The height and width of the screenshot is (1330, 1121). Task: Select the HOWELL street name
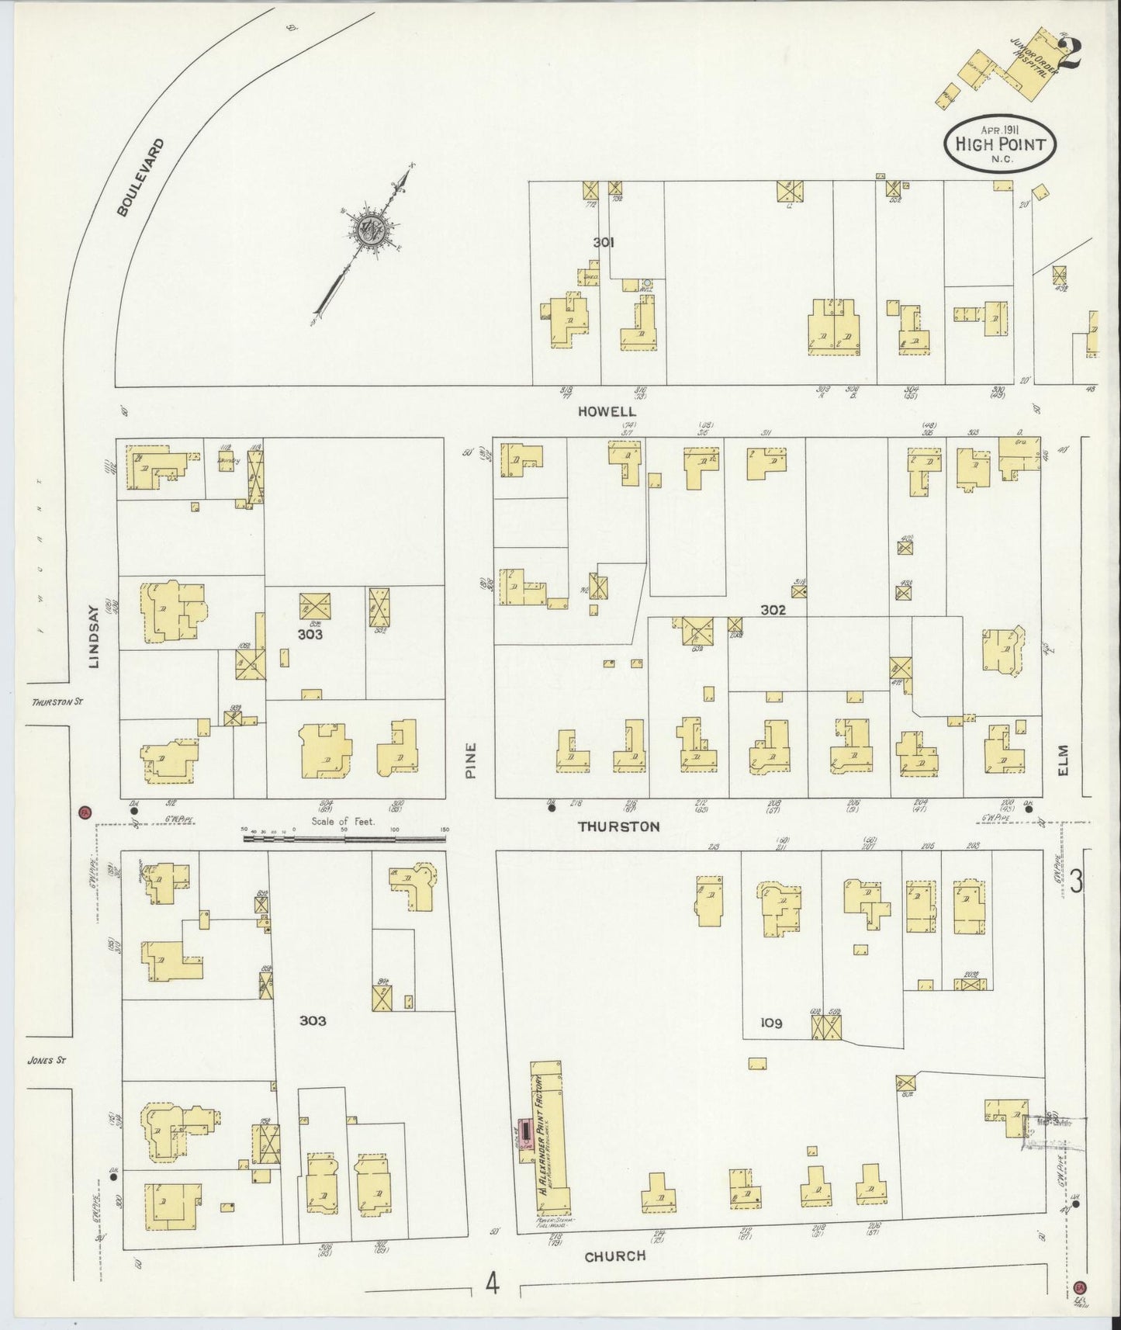(618, 412)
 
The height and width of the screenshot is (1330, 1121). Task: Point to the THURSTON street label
(618, 827)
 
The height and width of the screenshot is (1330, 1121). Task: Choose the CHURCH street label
(614, 1256)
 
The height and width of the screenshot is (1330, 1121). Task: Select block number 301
(604, 243)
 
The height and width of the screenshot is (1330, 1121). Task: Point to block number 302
(773, 610)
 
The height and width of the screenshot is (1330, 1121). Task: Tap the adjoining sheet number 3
(1075, 882)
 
